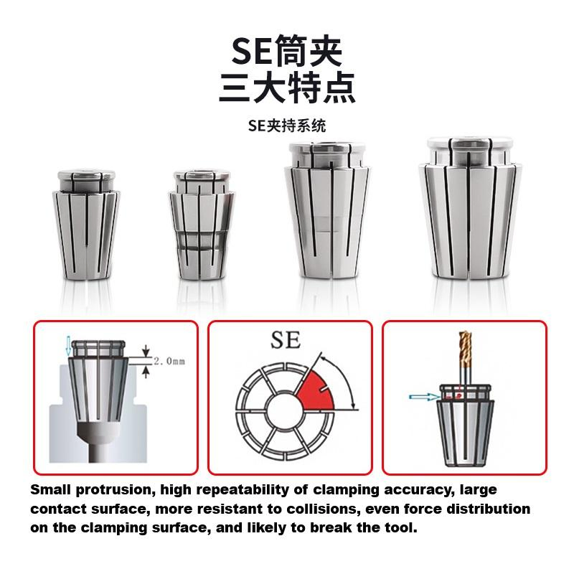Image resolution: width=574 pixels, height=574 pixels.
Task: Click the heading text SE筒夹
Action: point(286,51)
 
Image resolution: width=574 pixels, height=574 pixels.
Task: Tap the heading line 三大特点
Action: point(287,88)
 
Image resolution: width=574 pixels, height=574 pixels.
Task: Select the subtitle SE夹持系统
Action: point(286,126)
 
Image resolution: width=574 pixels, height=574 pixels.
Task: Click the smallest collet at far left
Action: point(86,225)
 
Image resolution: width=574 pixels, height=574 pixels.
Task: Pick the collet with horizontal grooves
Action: point(202,225)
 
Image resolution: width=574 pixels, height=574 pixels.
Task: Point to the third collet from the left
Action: point(328,209)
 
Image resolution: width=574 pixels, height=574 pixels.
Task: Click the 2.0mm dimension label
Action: point(169,362)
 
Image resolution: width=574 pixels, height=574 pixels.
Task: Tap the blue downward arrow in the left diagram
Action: point(67,346)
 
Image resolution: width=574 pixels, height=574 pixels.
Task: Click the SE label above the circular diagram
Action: point(286,340)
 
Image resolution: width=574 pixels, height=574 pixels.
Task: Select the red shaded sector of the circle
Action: point(316,392)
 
